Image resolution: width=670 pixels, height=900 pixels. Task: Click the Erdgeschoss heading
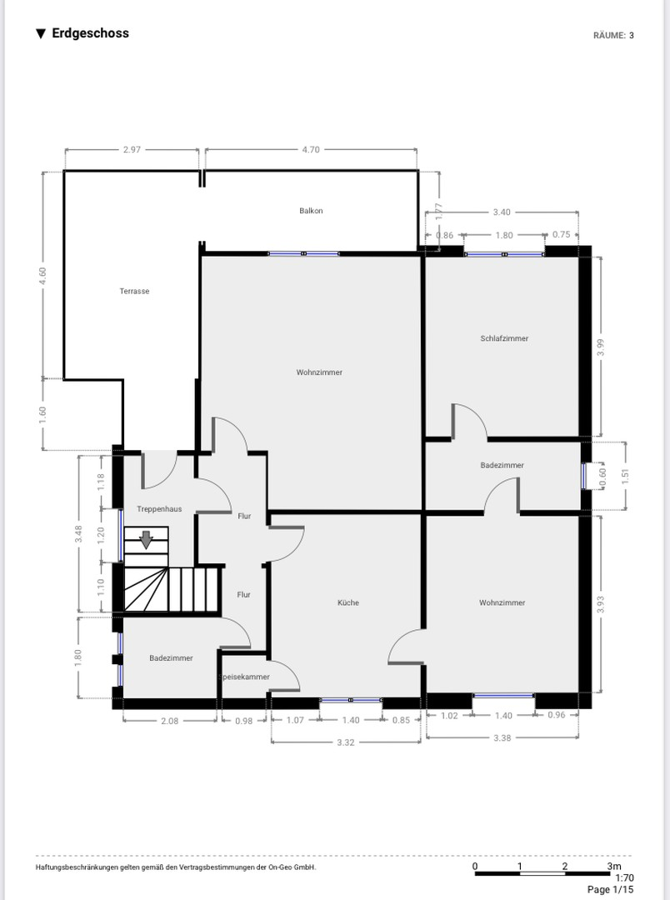(x=90, y=33)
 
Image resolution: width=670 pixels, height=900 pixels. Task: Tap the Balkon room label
(x=311, y=211)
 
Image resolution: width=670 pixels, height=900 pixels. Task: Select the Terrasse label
(x=134, y=291)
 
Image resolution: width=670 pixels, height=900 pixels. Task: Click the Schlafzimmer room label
(x=504, y=338)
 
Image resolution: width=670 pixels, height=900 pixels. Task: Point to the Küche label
(x=348, y=602)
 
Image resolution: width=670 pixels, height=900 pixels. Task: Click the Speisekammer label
(x=245, y=677)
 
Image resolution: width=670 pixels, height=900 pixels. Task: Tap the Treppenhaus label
(x=159, y=509)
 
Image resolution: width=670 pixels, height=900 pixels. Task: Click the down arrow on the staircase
(x=147, y=539)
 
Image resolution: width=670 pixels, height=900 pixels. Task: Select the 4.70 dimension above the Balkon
(x=311, y=150)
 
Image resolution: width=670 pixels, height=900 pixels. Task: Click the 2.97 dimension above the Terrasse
(x=132, y=150)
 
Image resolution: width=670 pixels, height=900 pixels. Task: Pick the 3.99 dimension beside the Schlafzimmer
(x=601, y=347)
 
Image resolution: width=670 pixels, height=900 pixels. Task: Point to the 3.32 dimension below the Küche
(x=346, y=742)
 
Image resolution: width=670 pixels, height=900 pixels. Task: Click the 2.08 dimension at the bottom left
(x=169, y=721)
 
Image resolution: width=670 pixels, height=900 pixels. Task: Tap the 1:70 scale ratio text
(x=625, y=877)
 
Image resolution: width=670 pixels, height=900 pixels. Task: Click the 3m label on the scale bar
(x=614, y=866)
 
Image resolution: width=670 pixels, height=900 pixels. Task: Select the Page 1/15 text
(x=610, y=890)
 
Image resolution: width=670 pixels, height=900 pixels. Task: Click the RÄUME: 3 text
(x=613, y=36)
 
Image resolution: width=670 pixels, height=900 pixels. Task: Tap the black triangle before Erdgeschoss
(x=41, y=34)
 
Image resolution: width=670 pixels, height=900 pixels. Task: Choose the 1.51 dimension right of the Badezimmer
(x=625, y=476)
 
